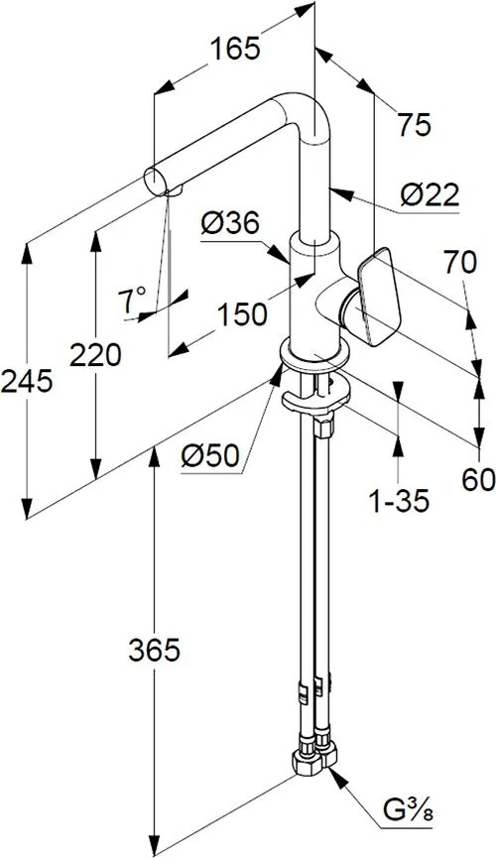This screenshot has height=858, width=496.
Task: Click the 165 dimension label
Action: pos(235,50)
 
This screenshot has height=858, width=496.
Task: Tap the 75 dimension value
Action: pos(414,125)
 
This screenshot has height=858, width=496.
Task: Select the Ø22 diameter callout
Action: pos(430,194)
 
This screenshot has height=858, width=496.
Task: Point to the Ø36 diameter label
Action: pos(229,224)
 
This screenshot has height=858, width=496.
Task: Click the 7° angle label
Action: pos(133,301)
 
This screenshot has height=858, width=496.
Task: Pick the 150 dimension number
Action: pos(242,314)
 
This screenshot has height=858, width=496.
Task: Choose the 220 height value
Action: pos(95,356)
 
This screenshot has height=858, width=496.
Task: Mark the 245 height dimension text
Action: pos(27,381)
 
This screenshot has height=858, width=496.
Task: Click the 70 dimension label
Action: pos(460,263)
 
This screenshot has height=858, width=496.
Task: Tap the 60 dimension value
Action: pos(478,479)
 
